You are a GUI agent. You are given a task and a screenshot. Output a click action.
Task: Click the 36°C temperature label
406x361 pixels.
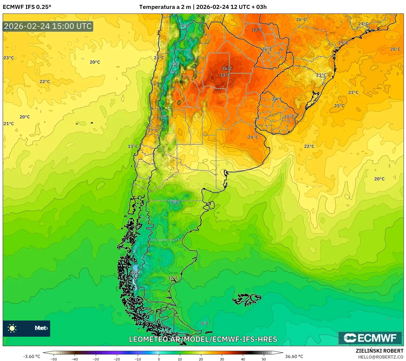[x=227, y=69]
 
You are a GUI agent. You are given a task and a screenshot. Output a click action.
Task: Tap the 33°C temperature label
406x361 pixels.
[x=225, y=75]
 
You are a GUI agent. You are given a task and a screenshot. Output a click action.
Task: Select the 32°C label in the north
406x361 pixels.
[x=257, y=30]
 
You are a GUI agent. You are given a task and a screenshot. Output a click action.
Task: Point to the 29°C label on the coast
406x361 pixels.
[x=343, y=43]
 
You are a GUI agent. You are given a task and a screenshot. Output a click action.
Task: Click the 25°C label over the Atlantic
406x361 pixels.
[x=339, y=106]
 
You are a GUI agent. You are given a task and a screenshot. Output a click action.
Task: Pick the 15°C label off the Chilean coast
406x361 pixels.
[x=133, y=146]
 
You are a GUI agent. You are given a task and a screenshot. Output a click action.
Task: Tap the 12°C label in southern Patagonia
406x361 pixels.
[x=173, y=278]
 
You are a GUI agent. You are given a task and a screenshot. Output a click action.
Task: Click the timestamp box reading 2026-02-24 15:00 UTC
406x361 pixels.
[x=48, y=26]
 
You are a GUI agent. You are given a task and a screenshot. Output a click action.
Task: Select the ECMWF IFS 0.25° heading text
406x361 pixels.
[x=27, y=7]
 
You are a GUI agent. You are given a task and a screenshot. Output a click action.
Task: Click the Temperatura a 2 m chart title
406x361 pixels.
[x=203, y=7]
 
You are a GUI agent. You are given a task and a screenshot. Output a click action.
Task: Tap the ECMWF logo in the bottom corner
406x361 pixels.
[x=370, y=338]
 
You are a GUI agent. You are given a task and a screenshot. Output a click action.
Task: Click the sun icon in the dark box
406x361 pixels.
[x=12, y=328]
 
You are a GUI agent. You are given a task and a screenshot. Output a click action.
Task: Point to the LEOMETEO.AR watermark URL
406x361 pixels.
[x=203, y=339]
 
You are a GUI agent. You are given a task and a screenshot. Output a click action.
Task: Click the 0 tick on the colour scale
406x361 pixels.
[x=159, y=359]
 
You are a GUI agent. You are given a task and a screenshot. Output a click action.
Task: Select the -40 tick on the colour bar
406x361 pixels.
[x=75, y=359]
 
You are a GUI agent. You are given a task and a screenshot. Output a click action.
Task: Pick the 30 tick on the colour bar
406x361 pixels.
[x=222, y=359]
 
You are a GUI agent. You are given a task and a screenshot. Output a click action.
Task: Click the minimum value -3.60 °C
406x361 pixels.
[x=32, y=356]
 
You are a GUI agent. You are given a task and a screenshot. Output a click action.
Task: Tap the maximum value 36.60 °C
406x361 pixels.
[x=294, y=356]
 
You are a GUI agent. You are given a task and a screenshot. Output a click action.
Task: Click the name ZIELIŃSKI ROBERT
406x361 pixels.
[x=379, y=351]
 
